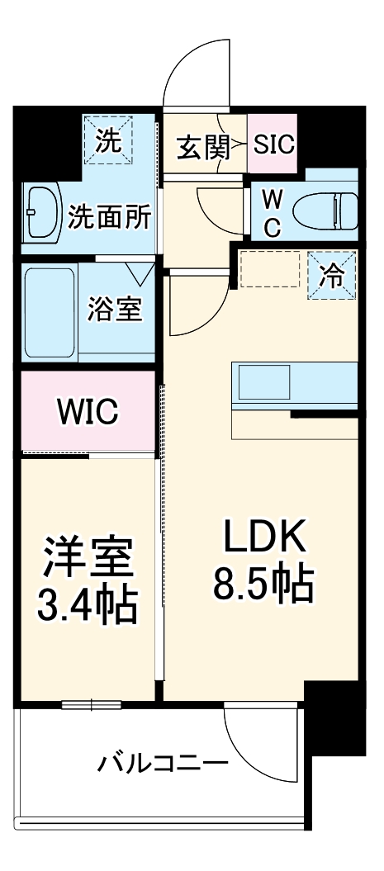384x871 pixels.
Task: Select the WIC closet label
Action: tap(88, 411)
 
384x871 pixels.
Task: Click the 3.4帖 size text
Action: tap(88, 605)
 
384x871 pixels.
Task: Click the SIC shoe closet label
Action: tap(273, 146)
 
